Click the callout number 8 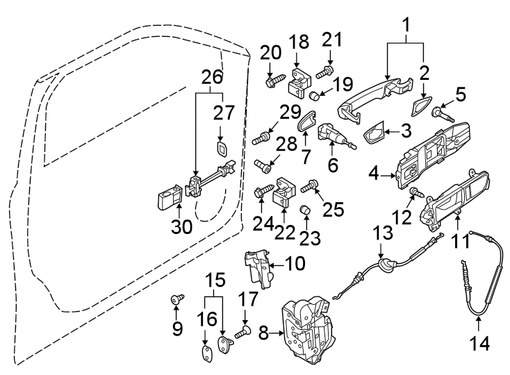(263, 334)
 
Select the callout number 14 (480, 342)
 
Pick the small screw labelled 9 (176, 300)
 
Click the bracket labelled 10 (258, 268)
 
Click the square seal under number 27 (221, 149)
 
